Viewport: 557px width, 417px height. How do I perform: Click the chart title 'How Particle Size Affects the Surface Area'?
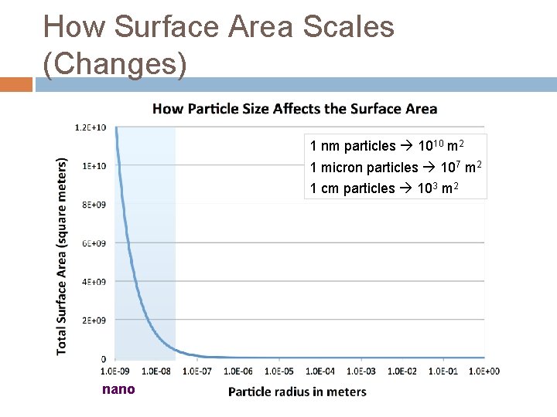[295, 109]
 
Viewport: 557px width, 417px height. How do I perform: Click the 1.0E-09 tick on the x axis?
[115, 371]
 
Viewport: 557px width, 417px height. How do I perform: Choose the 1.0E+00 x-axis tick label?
[484, 371]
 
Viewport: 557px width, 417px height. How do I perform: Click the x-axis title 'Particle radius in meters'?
[297, 392]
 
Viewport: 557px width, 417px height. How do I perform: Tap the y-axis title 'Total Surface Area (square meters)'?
[62, 256]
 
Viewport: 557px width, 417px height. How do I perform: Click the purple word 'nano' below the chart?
[118, 389]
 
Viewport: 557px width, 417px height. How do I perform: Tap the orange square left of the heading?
[16, 83]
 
